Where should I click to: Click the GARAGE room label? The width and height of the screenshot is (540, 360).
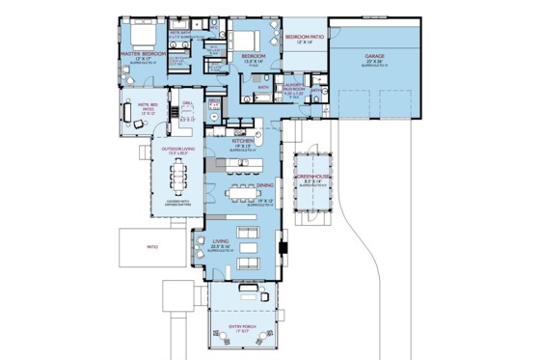tap(374, 56)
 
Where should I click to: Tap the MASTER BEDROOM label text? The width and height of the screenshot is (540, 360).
tap(144, 54)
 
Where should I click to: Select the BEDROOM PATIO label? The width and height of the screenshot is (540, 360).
tap(305, 37)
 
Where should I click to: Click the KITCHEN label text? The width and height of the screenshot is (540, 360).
tap(243, 141)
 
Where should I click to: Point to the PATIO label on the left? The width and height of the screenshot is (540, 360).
tap(151, 246)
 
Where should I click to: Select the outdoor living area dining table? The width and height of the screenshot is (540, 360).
tap(179, 179)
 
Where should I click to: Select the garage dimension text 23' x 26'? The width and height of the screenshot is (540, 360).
tap(374, 62)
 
